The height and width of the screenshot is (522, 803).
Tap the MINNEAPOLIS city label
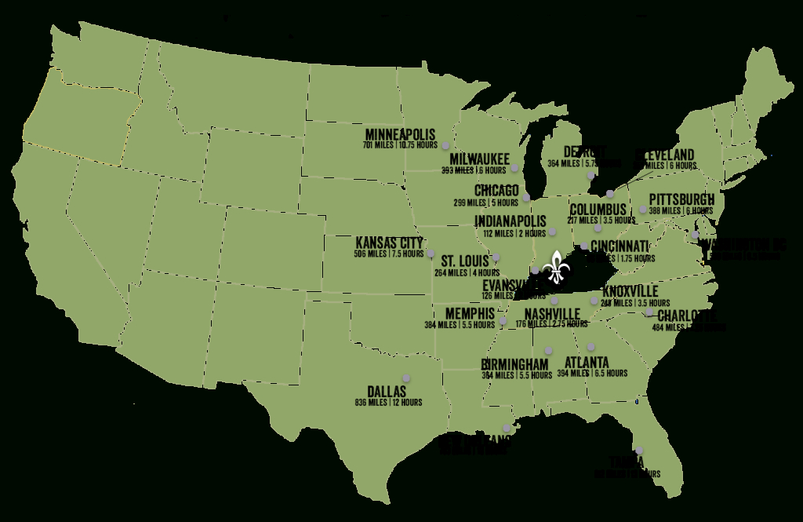click(400, 134)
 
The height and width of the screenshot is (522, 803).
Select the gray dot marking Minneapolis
click(445, 145)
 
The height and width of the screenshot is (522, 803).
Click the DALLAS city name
click(387, 391)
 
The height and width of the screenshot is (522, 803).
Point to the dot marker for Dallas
click(406, 377)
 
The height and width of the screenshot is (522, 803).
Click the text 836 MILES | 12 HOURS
click(388, 403)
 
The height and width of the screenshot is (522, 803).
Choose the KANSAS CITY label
click(389, 243)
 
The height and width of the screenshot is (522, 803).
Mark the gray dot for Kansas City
click(431, 253)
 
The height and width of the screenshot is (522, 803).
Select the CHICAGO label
click(496, 191)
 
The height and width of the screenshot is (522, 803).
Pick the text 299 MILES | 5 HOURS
click(486, 203)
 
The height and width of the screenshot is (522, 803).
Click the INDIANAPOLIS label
click(511, 221)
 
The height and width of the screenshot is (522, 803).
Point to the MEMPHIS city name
click(470, 312)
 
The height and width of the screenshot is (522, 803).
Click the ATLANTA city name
click(587, 362)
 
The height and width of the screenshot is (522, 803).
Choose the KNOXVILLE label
click(630, 291)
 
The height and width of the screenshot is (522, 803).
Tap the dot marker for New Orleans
click(508, 429)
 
